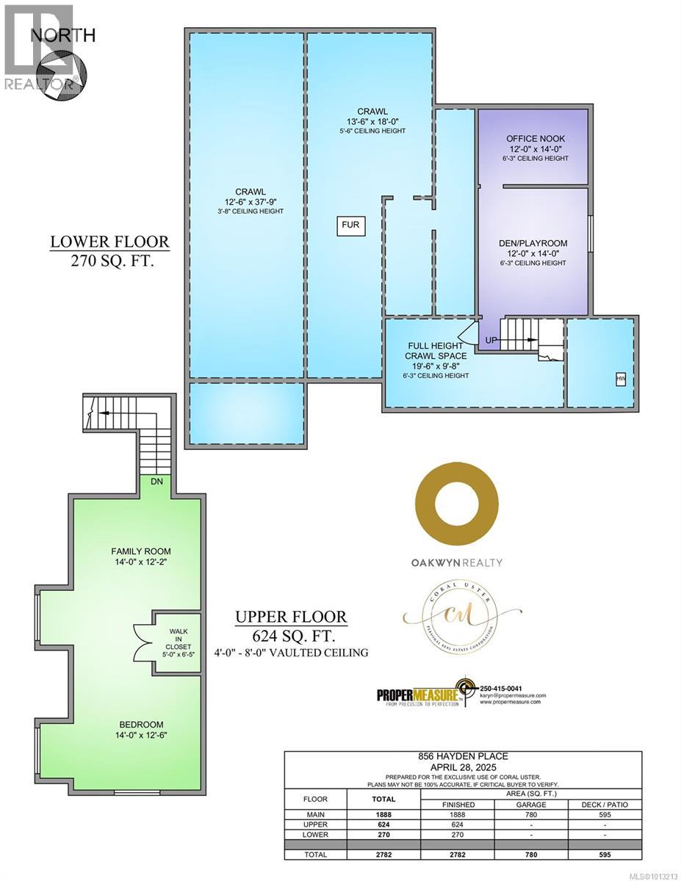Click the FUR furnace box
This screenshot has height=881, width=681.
pyautogui.click(x=350, y=225)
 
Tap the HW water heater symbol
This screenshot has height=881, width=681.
pyautogui.click(x=621, y=379)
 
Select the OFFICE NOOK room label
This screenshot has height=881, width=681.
pyautogui.click(x=536, y=139)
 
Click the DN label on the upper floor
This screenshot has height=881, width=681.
pyautogui.click(x=156, y=482)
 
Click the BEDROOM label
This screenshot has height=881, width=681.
pyautogui.click(x=137, y=724)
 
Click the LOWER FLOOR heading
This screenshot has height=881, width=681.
pyautogui.click(x=109, y=242)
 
